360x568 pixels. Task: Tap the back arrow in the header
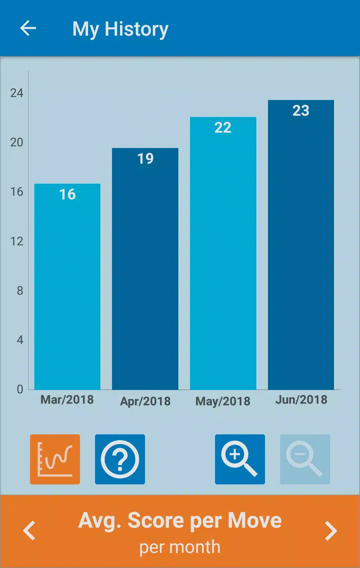[x=28, y=28]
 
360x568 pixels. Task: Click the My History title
[x=120, y=29]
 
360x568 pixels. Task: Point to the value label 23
[x=301, y=111]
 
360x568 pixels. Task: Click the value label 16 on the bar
[x=67, y=194]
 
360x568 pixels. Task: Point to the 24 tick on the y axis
[x=17, y=93]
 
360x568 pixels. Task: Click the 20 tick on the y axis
[x=17, y=142]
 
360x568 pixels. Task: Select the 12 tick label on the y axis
[x=17, y=241]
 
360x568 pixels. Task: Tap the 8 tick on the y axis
[x=20, y=291]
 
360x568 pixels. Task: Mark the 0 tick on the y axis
[x=20, y=389]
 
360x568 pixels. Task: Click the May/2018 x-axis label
[x=223, y=401]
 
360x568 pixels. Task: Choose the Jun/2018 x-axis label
[x=301, y=400]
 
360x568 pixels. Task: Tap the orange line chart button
[x=55, y=459]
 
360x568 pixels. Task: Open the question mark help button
[x=120, y=459]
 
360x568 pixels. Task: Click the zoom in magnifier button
[x=240, y=459]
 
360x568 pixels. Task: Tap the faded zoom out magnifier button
[x=305, y=459]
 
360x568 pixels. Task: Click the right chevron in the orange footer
[x=331, y=531]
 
